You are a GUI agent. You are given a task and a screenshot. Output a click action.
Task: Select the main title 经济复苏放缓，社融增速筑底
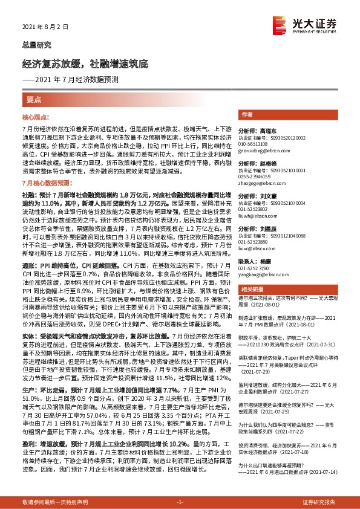tap(94, 63)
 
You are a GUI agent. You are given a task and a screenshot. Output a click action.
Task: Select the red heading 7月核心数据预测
tap(47, 182)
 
